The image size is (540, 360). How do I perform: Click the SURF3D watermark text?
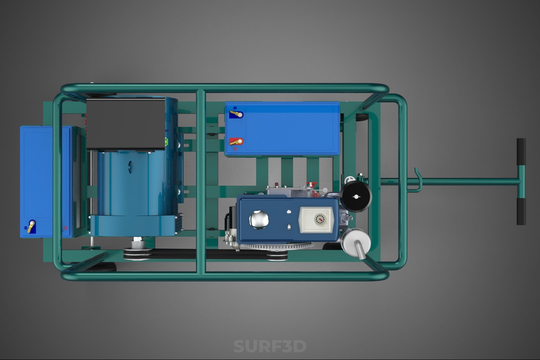pos(270,346)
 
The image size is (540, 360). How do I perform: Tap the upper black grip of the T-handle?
pos(521,152)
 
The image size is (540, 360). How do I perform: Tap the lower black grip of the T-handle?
pos(521,211)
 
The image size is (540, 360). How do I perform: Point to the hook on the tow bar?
pos(418,180)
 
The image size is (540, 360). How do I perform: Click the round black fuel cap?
pos(356,197)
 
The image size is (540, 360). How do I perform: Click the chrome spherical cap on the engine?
pos(259,220)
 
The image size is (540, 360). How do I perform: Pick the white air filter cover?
pos(316,220)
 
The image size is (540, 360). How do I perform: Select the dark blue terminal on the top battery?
pos(236,114)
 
